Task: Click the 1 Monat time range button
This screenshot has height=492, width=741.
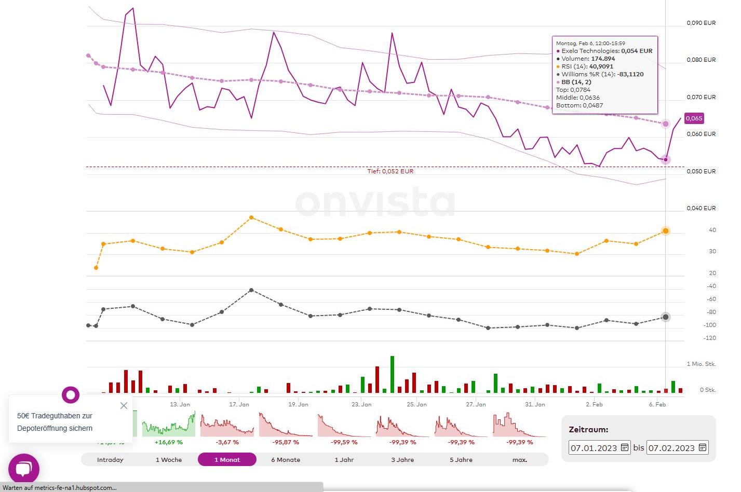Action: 227,460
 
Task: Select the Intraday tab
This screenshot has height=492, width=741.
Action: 110,460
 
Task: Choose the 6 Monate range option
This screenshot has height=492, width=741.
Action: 286,460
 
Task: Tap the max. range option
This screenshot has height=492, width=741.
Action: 519,460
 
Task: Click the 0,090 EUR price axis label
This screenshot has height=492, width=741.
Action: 701,23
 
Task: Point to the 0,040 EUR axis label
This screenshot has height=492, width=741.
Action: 701,208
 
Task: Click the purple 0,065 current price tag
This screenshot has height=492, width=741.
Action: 694,118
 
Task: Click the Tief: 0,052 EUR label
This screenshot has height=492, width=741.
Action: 390,171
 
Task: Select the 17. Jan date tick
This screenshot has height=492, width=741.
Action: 239,404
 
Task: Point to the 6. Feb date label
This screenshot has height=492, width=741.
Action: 657,404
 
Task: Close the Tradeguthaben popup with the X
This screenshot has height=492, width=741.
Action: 124,405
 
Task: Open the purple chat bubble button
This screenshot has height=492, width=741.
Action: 24,469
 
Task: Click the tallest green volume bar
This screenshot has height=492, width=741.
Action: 393,374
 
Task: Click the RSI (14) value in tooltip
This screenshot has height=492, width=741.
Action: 601,66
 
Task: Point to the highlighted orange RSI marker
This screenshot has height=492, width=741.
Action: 666,231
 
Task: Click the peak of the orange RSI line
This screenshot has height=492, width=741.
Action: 251,217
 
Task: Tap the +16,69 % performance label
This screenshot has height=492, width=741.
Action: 169,442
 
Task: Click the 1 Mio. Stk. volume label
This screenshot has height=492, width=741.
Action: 701,364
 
